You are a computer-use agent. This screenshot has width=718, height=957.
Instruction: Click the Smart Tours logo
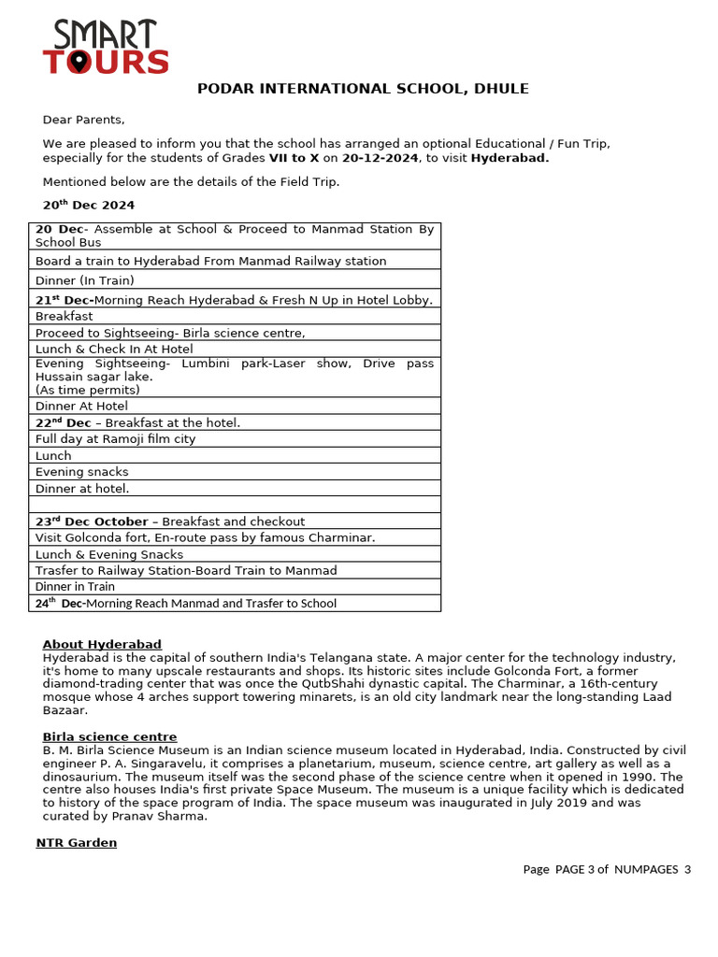tap(106, 48)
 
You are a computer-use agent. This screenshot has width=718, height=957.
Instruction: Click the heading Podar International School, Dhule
tap(362, 89)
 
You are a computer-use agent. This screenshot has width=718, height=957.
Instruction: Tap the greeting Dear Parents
tap(83, 120)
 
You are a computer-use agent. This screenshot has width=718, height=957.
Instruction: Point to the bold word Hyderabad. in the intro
tap(510, 158)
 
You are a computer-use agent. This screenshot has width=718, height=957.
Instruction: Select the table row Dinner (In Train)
tap(85, 280)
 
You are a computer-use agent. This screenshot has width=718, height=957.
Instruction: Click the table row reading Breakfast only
tap(64, 316)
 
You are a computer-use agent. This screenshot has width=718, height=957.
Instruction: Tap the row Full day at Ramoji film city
tap(115, 439)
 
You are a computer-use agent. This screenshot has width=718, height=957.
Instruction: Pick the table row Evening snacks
tap(81, 472)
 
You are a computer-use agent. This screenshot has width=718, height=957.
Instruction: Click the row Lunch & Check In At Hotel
tap(114, 349)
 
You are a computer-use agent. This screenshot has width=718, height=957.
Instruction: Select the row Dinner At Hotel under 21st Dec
tap(81, 406)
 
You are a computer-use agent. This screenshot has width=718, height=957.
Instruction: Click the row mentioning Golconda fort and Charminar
tap(205, 537)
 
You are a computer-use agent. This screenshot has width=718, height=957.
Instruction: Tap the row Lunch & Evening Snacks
tap(109, 554)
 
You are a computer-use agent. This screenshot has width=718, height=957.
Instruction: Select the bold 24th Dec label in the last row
tap(59, 603)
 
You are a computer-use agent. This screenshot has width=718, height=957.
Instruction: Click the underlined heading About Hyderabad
tap(102, 644)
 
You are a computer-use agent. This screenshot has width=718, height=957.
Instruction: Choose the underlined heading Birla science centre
tap(109, 736)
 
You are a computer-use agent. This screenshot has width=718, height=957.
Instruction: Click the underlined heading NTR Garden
tap(77, 842)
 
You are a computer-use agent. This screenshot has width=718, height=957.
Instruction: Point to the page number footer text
tap(606, 869)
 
